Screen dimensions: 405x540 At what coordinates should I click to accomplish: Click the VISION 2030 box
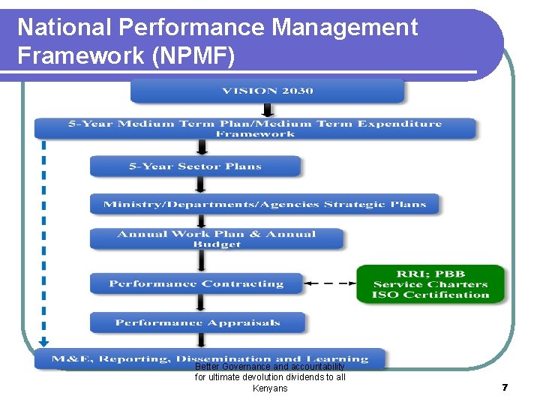[x=267, y=91]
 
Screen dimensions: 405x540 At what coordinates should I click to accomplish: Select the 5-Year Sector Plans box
[x=195, y=166]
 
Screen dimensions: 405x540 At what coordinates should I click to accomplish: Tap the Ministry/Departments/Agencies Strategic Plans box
[x=264, y=204]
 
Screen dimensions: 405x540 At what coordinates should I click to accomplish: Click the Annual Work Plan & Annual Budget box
[x=216, y=238]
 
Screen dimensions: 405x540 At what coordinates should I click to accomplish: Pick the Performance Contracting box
[x=196, y=283]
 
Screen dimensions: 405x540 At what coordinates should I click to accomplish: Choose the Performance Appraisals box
[x=197, y=322]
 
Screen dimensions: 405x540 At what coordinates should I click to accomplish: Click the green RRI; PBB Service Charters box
[x=430, y=284]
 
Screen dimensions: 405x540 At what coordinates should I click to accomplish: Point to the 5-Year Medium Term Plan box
[x=255, y=128]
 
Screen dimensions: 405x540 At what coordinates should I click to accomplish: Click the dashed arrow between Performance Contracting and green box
[x=330, y=283]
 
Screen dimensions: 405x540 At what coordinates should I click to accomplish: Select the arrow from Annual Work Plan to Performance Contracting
[x=199, y=261]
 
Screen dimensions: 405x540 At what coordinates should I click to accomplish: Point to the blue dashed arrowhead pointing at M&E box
[x=43, y=342]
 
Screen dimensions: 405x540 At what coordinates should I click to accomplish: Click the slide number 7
[x=505, y=388]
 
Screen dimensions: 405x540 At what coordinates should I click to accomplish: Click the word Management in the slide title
[x=344, y=28]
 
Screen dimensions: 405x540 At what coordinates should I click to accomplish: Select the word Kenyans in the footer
[x=270, y=388]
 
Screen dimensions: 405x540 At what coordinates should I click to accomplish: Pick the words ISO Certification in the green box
[x=430, y=295]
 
